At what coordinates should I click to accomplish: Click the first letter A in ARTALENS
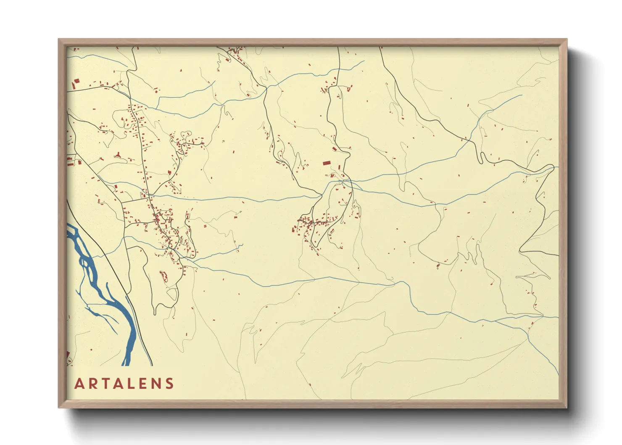pos(79,384)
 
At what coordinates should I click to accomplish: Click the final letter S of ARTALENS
pos(170,384)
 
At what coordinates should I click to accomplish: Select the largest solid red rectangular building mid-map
pos(327,163)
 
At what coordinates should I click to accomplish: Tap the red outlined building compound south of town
pos(164,276)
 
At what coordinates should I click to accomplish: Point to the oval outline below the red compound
pos(172,294)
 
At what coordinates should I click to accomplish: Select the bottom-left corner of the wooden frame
pos(59,407)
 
